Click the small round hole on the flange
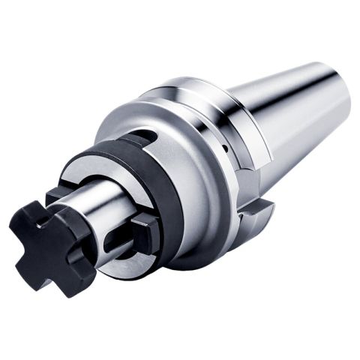pos(224,150)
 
